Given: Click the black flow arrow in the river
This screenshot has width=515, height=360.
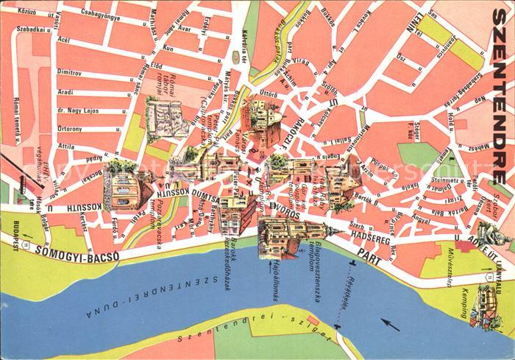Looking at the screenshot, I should coord(390,325).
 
